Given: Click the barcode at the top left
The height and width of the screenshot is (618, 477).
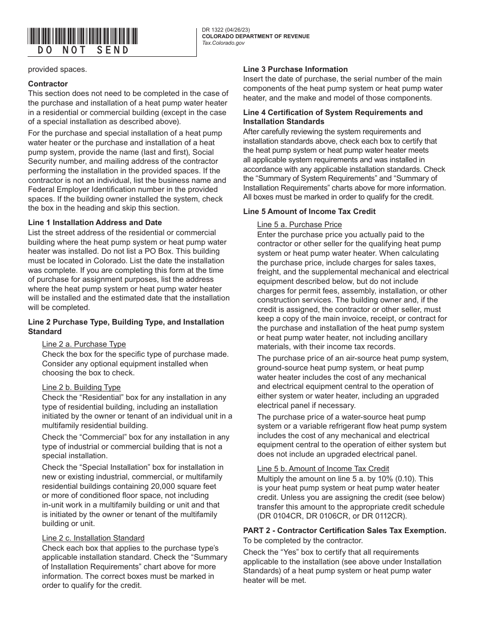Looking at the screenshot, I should pyautogui.click(x=83, y=36).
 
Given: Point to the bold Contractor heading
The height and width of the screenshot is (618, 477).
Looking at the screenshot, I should pyautogui.click(x=48, y=84).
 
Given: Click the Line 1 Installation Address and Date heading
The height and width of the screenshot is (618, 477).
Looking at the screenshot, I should pyautogui.click(x=95, y=223).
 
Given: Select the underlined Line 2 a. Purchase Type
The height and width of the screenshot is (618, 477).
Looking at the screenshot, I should pyautogui.click(x=84, y=344).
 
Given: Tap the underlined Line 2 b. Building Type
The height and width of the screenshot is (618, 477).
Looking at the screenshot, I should pyautogui.click(x=81, y=387).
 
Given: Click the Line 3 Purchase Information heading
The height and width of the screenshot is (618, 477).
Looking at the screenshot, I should pyautogui.click(x=295, y=69).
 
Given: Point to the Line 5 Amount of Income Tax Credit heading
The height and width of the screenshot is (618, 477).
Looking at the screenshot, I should pyautogui.click(x=309, y=212).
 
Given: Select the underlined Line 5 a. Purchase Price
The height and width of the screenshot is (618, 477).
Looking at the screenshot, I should pyautogui.click(x=299, y=225).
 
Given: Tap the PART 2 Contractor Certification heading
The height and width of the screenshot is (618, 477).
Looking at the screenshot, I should pyautogui.click(x=344, y=531).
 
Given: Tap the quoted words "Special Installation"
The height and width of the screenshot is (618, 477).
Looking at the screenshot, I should pyautogui.click(x=109, y=467).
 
